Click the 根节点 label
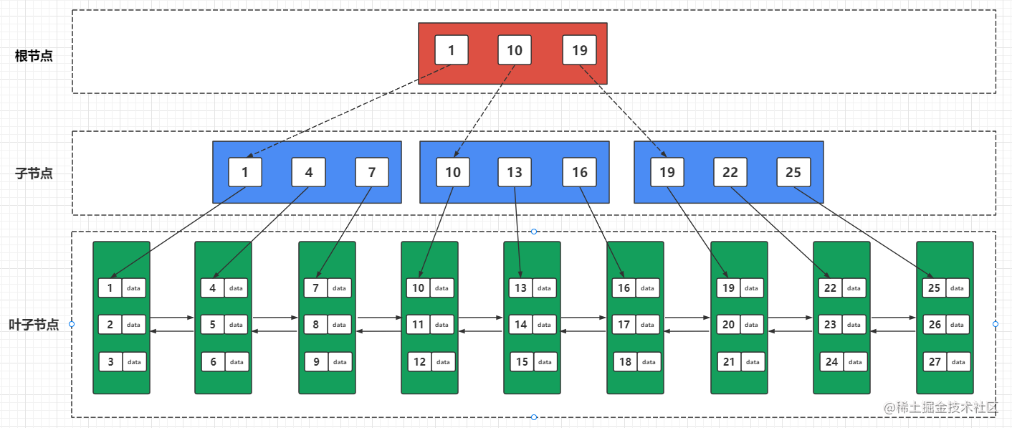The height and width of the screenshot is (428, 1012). point(34,56)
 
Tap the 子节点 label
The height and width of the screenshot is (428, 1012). point(34,173)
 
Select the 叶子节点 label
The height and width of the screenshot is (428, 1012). point(34,325)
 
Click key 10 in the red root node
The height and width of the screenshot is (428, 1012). point(515,50)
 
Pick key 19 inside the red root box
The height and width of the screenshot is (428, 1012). point(579,50)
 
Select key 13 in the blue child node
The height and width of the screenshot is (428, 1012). point(515,172)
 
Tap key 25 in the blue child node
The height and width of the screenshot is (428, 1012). point(793,172)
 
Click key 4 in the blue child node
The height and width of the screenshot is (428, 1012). point(309,172)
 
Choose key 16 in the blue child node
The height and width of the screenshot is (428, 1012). point(579,172)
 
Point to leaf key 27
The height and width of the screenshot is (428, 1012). point(935,361)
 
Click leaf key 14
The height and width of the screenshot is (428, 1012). point(520,325)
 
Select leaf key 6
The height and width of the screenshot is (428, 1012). point(213,361)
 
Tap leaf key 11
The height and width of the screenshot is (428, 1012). point(418,325)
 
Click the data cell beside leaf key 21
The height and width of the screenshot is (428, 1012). point(753,361)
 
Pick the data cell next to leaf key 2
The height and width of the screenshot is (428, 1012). point(133,325)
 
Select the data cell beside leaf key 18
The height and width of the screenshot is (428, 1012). point(649,361)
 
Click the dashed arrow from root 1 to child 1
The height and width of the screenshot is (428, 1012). point(349,111)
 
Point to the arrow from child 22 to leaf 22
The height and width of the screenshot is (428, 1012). point(781,232)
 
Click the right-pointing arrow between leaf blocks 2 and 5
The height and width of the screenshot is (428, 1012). point(172,318)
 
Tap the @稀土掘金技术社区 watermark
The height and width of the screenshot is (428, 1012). point(940,408)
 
